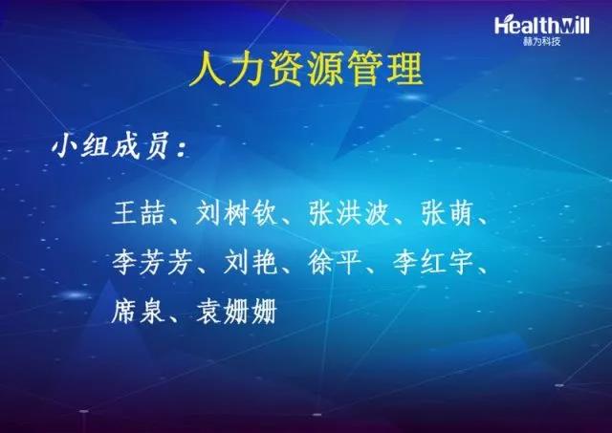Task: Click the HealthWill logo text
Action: pos(542,26)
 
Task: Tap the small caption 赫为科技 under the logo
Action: pos(542,41)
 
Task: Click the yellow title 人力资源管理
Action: pos(306,70)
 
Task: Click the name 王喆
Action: pos(139,213)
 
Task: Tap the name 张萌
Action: pos(448,213)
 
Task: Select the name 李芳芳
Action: pos(153,262)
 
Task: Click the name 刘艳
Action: pos(251,262)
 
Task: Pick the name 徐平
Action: pos(336,262)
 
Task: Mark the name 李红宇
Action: pos(433,262)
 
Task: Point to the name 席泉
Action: pos(139,312)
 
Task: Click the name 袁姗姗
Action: pos(237,312)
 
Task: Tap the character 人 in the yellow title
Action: pos(207,70)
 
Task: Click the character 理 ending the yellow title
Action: pos(405,70)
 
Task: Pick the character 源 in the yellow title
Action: pos(326,70)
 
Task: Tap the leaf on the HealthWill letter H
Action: pos(503,19)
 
